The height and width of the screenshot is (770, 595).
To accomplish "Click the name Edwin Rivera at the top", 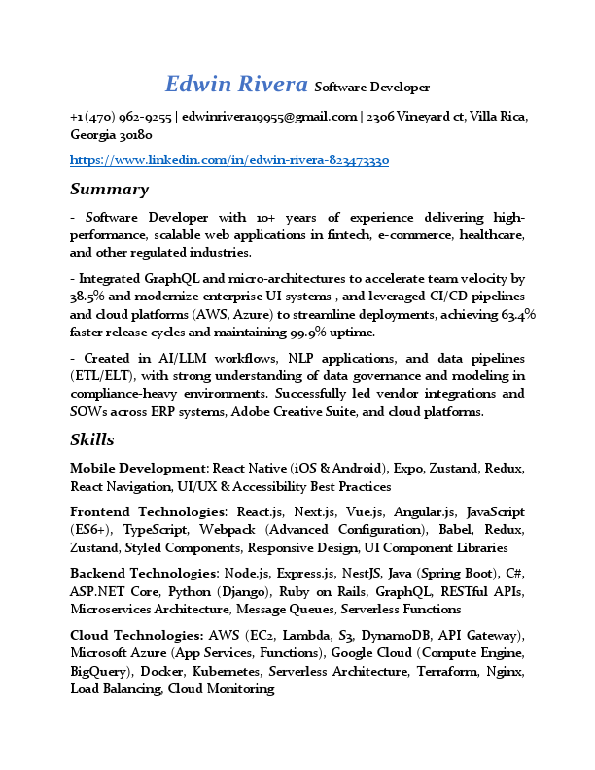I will click(x=237, y=85).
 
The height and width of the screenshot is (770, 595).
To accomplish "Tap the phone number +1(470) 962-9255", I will click(x=122, y=117).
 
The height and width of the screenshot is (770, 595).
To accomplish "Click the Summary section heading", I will click(x=109, y=189).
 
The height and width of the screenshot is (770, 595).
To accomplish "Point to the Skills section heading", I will click(x=92, y=439).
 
